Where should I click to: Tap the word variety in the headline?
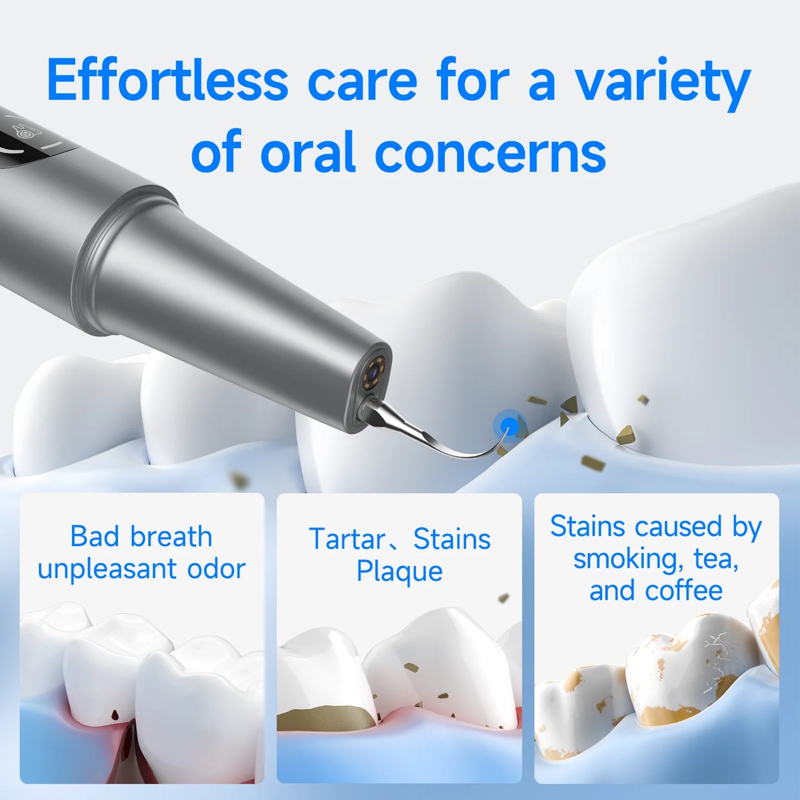(662, 83)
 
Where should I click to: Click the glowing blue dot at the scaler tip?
(509, 426)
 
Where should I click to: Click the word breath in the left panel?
(172, 536)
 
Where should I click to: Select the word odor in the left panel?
(216, 569)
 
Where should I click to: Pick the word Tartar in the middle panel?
(347, 539)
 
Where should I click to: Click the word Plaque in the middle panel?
(399, 571)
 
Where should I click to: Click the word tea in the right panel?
(716, 559)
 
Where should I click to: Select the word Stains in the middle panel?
(452, 539)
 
